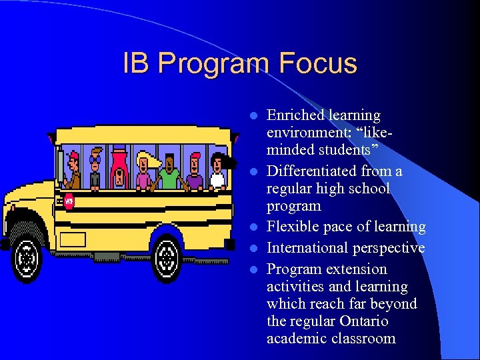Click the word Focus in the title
[319, 64]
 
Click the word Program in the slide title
[217, 64]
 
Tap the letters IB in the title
[137, 64]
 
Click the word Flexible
[293, 227]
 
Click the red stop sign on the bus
[69, 201]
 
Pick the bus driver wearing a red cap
[73, 171]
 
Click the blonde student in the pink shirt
[144, 172]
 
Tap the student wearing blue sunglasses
[95, 170]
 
